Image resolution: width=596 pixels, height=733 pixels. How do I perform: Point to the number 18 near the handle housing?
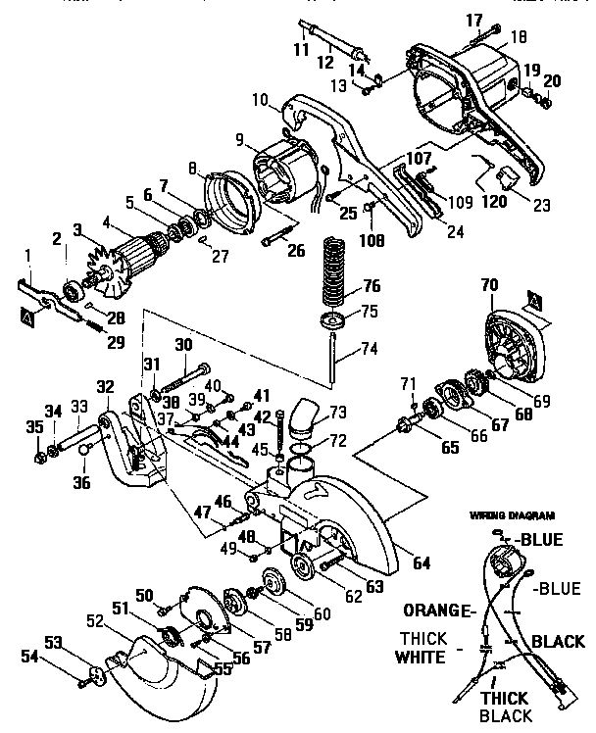(x=518, y=37)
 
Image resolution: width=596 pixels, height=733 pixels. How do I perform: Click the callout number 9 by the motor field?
(x=238, y=139)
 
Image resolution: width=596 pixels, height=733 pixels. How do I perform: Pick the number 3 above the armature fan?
(x=75, y=228)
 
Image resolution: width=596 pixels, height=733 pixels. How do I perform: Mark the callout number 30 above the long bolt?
(x=182, y=344)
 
